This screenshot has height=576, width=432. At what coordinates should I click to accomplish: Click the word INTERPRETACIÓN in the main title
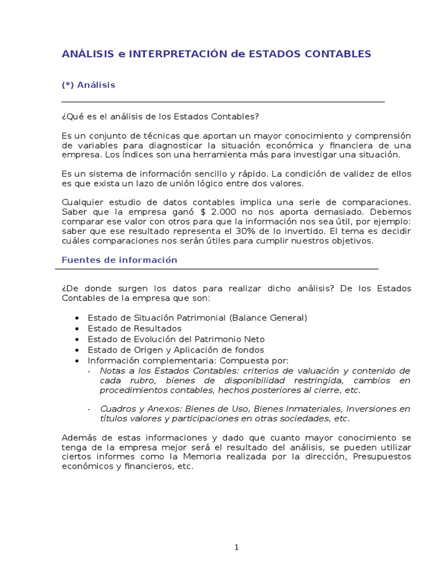tap(178, 54)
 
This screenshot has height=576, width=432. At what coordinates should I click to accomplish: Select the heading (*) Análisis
tap(88, 85)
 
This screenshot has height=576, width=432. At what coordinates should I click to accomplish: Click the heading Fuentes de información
tap(119, 260)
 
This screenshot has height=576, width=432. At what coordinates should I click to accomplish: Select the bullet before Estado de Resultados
tap(76, 328)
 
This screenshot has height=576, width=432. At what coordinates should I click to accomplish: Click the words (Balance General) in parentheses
tap(268, 318)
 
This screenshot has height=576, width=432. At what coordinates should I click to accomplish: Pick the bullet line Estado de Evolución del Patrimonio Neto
tap(176, 339)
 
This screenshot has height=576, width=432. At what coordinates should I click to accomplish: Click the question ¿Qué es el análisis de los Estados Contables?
tap(160, 116)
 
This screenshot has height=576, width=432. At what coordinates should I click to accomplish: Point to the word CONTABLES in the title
tap(337, 54)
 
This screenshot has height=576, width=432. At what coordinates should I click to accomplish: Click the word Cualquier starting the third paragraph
tap(81, 202)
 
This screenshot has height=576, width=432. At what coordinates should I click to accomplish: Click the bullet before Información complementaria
tap(76, 361)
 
